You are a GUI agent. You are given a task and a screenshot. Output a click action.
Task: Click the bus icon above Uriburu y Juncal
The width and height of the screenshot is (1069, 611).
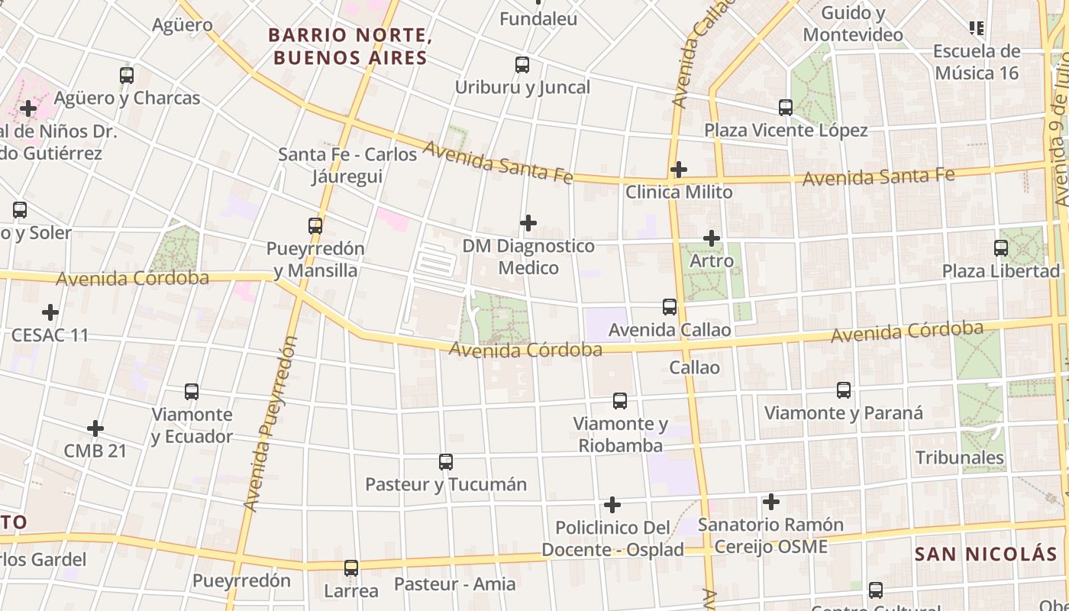522,65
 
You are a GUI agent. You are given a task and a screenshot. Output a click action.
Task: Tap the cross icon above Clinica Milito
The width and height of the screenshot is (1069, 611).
678,169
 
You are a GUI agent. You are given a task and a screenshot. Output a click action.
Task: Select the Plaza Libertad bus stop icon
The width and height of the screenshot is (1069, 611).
1000,248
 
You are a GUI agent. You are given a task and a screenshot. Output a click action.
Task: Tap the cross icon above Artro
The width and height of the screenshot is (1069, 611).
712,238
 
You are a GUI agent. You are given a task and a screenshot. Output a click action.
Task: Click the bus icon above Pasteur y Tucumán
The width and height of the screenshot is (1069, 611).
446,462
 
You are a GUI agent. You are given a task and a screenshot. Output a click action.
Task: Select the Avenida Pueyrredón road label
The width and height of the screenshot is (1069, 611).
269,424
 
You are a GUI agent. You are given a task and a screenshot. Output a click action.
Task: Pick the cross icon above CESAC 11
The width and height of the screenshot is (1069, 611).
50,312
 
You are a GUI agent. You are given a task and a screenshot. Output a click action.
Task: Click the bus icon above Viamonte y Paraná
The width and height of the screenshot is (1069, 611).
844,390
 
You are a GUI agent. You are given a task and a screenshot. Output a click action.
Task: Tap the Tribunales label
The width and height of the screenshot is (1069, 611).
960,457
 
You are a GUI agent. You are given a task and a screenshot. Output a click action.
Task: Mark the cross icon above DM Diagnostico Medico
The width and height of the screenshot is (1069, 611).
528,223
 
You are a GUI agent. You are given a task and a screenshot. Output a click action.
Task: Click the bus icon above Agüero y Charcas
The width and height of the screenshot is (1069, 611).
127,76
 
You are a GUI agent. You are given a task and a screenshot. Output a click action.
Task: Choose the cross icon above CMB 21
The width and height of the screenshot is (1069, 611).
95,428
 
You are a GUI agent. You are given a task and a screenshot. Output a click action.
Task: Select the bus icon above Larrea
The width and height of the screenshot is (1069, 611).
351,568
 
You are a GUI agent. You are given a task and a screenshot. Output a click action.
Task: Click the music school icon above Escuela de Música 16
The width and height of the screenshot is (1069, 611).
976,29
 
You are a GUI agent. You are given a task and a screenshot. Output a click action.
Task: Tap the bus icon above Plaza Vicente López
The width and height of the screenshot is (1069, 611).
786,108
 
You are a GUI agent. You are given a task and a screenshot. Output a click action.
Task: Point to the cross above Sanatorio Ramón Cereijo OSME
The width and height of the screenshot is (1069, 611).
771,502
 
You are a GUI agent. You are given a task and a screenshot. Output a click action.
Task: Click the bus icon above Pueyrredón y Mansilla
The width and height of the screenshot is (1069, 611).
315,226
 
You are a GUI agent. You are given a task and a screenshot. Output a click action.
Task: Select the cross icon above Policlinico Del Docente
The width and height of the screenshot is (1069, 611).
612,505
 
